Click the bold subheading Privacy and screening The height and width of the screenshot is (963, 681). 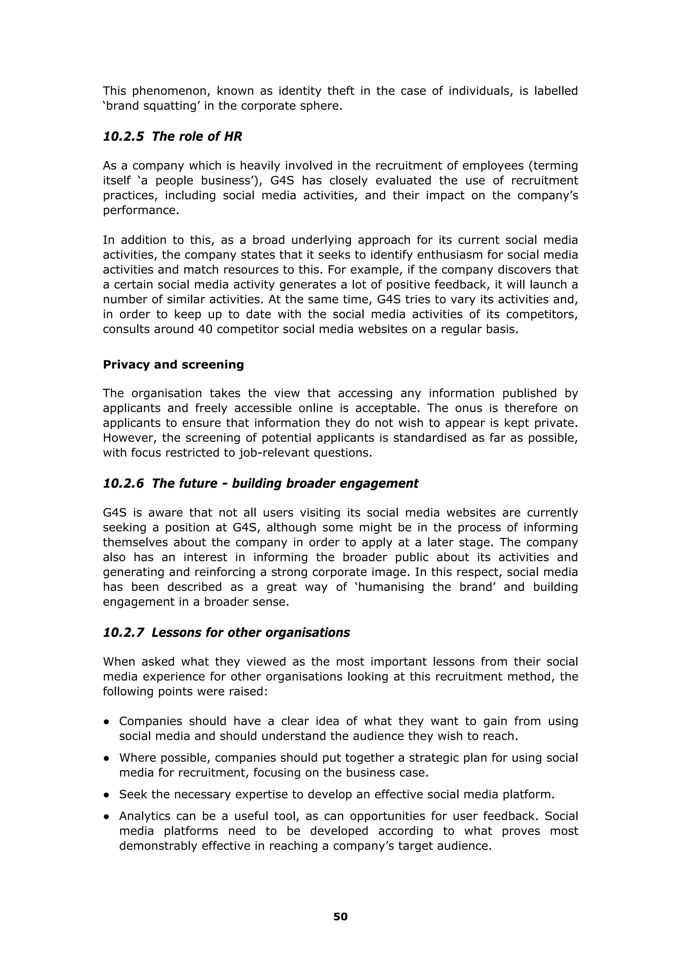click(173, 364)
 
